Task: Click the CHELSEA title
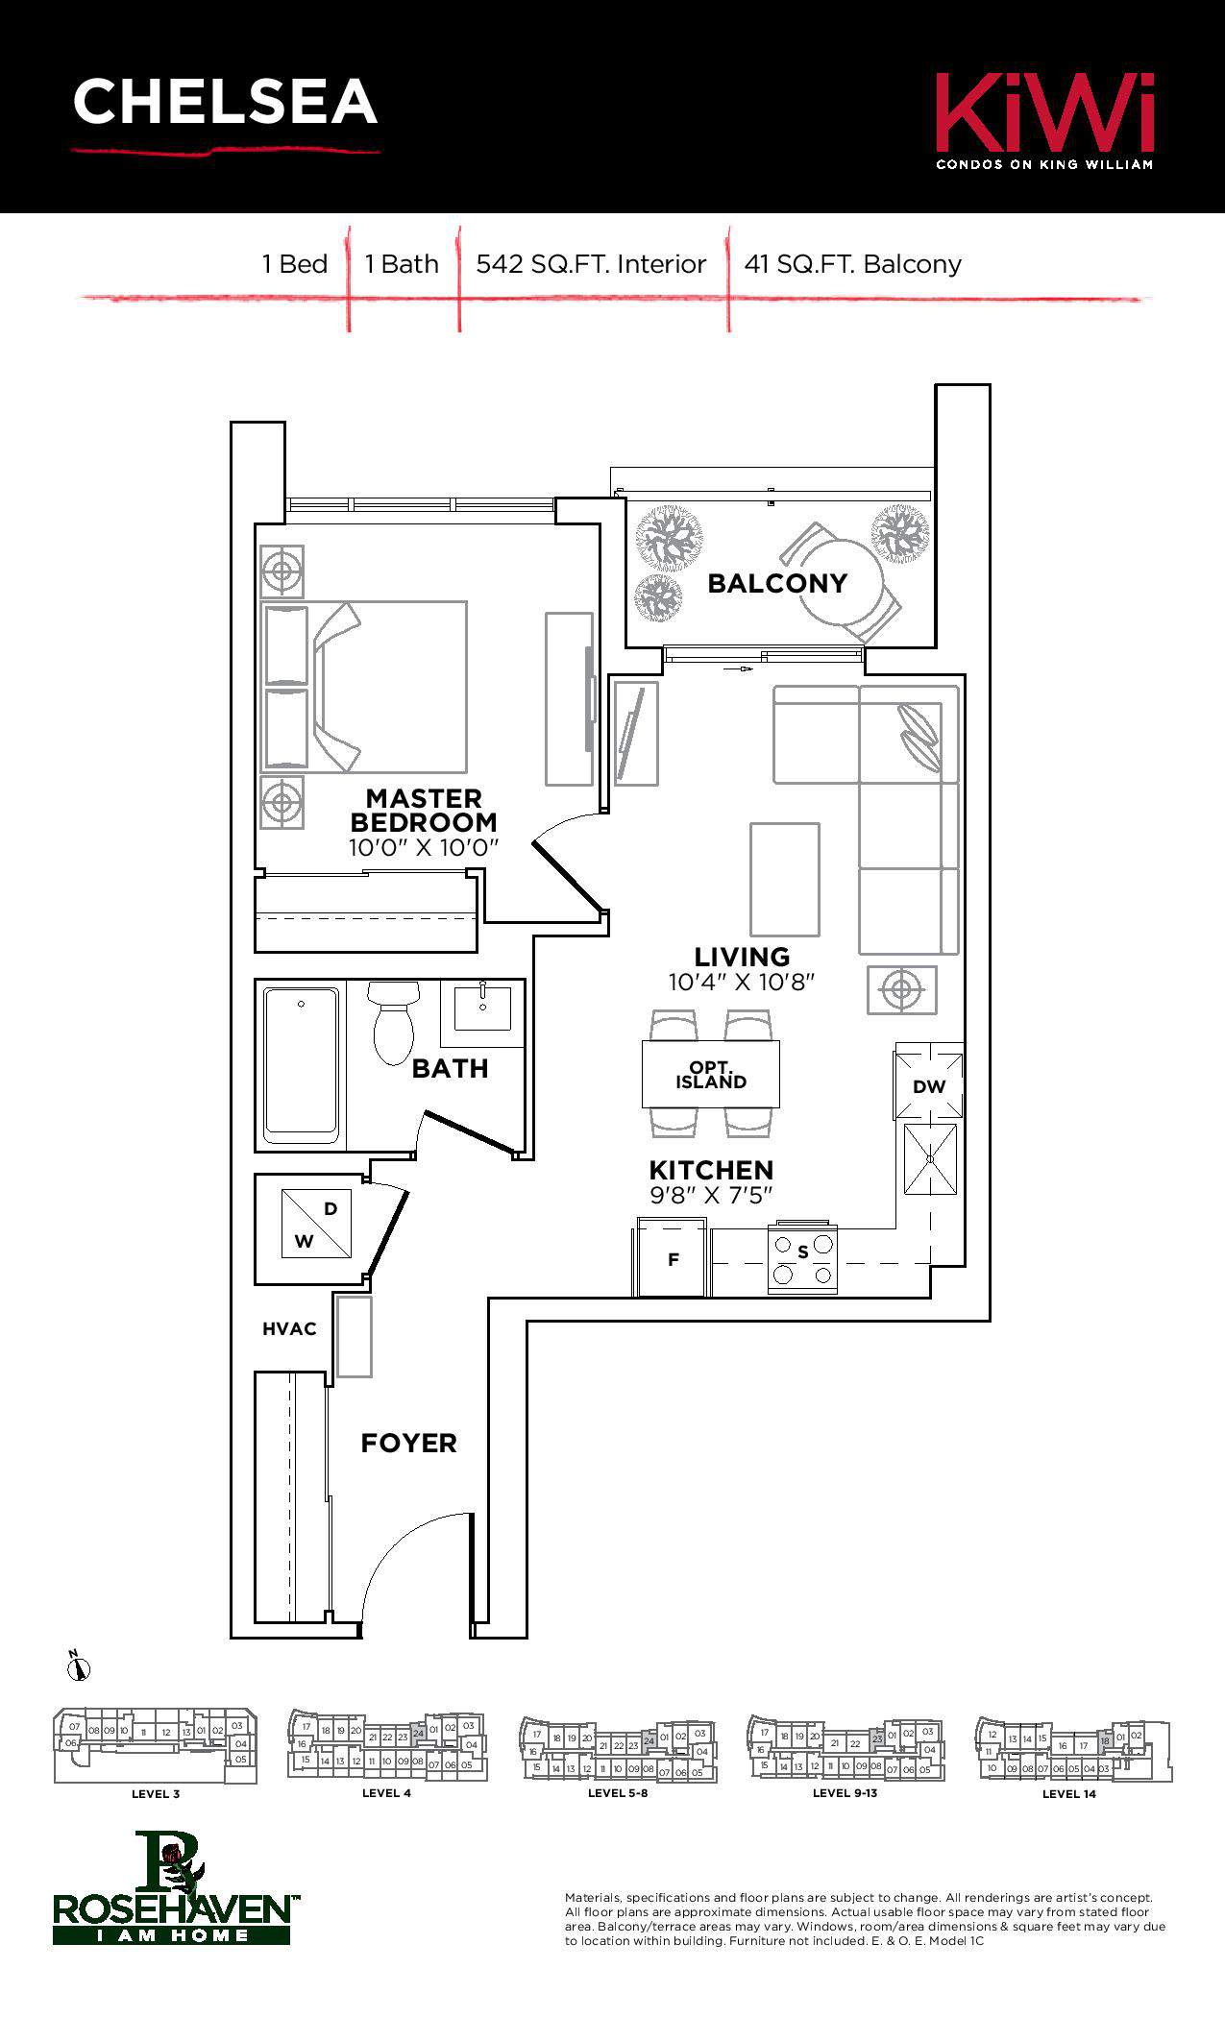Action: (225, 103)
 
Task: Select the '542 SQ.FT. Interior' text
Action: (591, 264)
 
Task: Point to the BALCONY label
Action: (777, 583)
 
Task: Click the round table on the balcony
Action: (839, 581)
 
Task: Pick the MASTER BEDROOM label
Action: (424, 811)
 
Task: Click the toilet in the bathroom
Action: (393, 1022)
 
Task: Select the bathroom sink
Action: (482, 1008)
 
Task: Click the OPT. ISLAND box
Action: (711, 1075)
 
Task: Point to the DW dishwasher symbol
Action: (929, 1086)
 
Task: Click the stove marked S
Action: (803, 1259)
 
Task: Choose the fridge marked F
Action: (673, 1259)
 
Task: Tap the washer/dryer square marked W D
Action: (317, 1224)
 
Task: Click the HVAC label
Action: (289, 1329)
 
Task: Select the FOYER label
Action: (408, 1443)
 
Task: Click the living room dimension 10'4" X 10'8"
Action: (742, 982)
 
